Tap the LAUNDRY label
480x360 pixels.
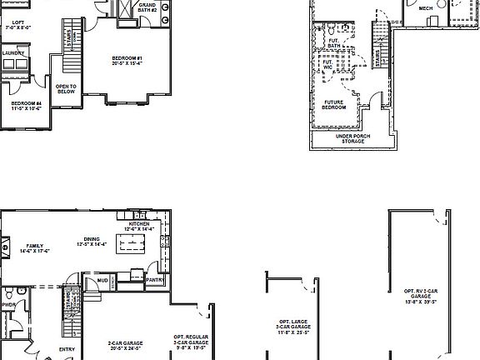(x=13, y=53)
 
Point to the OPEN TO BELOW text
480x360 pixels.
(x=66, y=89)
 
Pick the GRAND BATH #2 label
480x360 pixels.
(x=147, y=7)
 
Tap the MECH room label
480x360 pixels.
(x=426, y=8)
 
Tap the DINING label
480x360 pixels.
(x=103, y=242)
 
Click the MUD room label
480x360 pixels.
(x=101, y=282)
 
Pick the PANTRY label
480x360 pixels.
(x=154, y=281)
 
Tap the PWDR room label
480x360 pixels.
(x=9, y=305)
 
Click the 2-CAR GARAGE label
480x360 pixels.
(x=125, y=344)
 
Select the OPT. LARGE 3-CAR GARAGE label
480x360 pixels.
(x=294, y=328)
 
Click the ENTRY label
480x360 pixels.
(x=67, y=350)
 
